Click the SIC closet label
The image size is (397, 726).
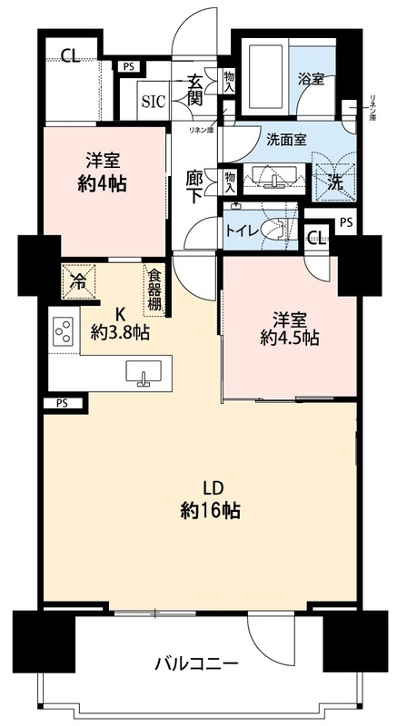pyautogui.click(x=154, y=102)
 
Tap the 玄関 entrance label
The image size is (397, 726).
pyautogui.click(x=195, y=89)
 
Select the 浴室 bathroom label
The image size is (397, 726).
pyautogui.click(x=311, y=79)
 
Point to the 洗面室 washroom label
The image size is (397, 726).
pyautogui.click(x=288, y=139)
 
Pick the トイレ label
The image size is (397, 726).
pyautogui.click(x=241, y=231)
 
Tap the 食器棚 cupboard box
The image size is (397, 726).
pyautogui.click(x=154, y=290)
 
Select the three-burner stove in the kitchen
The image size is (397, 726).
pyautogui.click(x=64, y=330)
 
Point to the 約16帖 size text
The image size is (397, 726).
pyautogui.click(x=210, y=511)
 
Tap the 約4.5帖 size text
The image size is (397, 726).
pyautogui.click(x=289, y=338)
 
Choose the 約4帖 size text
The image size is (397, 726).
pyautogui.click(x=103, y=184)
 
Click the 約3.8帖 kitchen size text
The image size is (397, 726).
pyautogui.click(x=120, y=332)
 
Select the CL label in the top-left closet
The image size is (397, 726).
pyautogui.click(x=71, y=56)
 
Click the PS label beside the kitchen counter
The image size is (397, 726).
pyautogui.click(x=62, y=403)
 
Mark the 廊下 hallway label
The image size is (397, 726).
pyautogui.click(x=195, y=187)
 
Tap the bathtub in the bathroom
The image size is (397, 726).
pyautogui.click(x=265, y=77)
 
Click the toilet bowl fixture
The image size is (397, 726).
pyautogui.click(x=275, y=229)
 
